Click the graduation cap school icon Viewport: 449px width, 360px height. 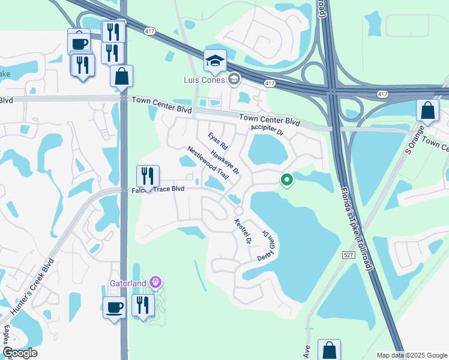click(x=215, y=61)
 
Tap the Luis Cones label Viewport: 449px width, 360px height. click(x=203, y=79)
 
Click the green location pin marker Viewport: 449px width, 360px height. click(x=287, y=179)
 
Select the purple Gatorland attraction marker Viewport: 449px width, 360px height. click(x=155, y=281)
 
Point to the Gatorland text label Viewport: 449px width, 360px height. click(x=128, y=282)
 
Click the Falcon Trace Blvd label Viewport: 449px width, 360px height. click(x=157, y=189)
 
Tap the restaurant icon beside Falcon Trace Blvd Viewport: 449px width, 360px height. click(x=148, y=176)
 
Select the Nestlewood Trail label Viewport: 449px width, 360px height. click(x=208, y=162)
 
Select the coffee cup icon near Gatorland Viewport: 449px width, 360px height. click(x=114, y=307)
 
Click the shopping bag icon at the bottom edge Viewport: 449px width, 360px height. click(x=329, y=350)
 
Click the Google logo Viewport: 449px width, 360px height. click(x=20, y=353)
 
